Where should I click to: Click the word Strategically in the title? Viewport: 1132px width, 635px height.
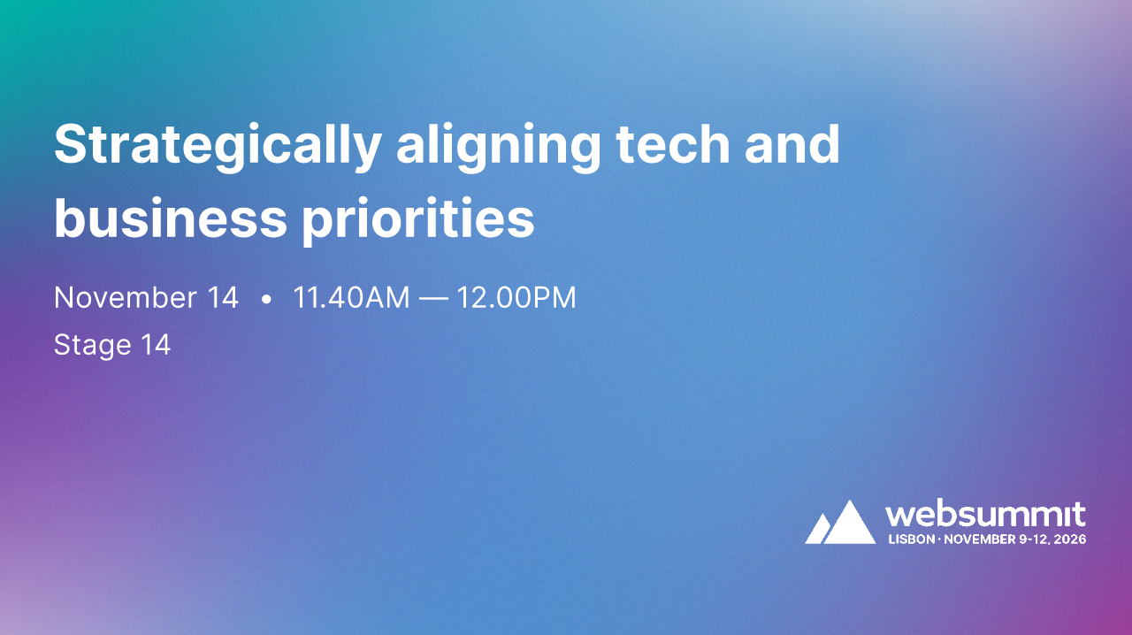pyautogui.click(x=218, y=146)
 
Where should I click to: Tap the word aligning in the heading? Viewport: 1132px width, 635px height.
pyautogui.click(x=498, y=146)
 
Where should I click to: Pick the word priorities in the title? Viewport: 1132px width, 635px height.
pyautogui.click(x=418, y=219)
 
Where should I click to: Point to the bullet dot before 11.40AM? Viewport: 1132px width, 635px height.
pyautogui.click(x=266, y=300)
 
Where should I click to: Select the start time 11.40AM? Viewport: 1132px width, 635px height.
pyautogui.click(x=351, y=298)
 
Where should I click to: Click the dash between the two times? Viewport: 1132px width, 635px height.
pyautogui.click(x=433, y=299)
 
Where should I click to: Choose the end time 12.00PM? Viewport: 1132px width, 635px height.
pyautogui.click(x=516, y=298)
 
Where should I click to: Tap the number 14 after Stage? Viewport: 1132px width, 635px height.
pyautogui.click(x=156, y=344)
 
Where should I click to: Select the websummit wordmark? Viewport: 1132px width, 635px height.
pyautogui.click(x=985, y=515)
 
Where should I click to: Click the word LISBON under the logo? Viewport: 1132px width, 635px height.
pyautogui.click(x=910, y=539)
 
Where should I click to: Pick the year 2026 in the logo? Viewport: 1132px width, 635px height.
pyautogui.click(x=1070, y=539)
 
